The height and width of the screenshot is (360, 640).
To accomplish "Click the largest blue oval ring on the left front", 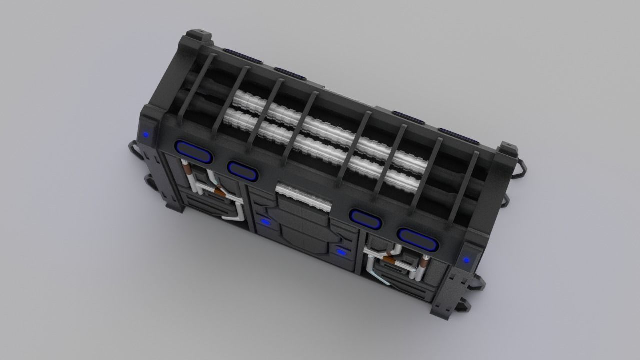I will pyautogui.click(x=194, y=152).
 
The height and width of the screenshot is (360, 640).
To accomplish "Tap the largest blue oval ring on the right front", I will pyautogui.click(x=418, y=239).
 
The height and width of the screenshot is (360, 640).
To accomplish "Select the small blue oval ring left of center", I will pyautogui.click(x=243, y=170).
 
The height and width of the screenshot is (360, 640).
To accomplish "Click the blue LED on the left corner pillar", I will pyautogui.click(x=146, y=134).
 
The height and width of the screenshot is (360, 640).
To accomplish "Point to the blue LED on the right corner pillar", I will pyautogui.click(x=466, y=260).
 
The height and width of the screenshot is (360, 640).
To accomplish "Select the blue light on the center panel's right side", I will pyautogui.click(x=342, y=251).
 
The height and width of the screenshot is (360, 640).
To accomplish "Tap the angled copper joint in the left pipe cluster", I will pyautogui.click(x=218, y=190).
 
